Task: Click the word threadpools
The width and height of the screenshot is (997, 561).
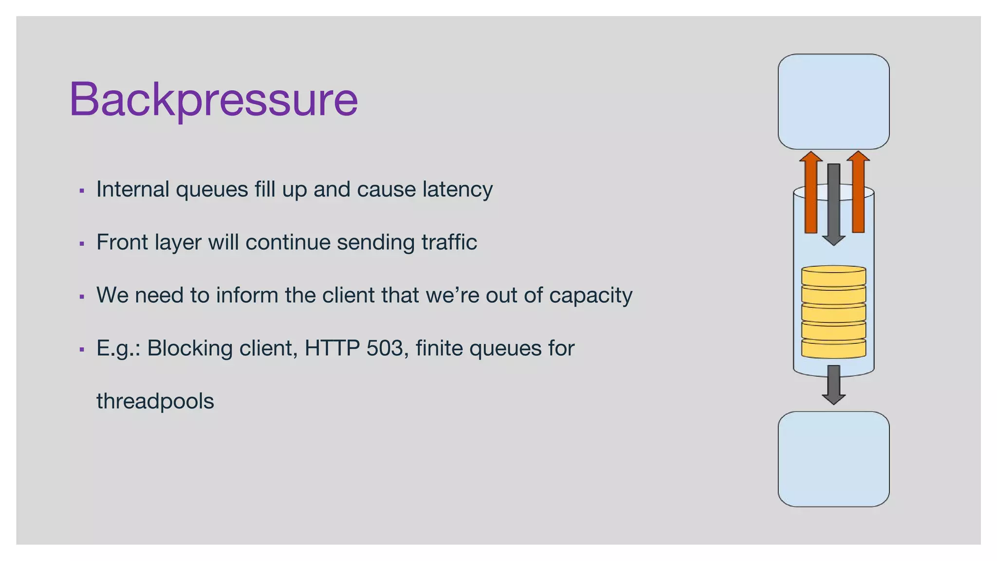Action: (155, 401)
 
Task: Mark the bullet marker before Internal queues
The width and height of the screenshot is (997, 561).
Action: (82, 190)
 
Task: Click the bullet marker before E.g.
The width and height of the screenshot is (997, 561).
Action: (82, 349)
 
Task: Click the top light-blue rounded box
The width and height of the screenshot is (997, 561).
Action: (833, 101)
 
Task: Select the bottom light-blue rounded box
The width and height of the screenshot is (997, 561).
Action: (833, 459)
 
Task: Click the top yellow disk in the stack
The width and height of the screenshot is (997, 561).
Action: (833, 275)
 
